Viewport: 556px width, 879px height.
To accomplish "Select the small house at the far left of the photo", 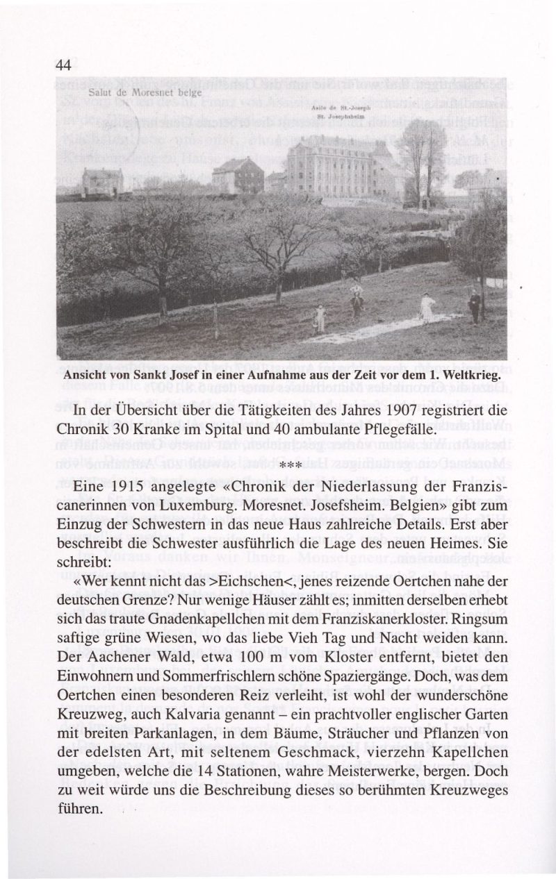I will [102, 182].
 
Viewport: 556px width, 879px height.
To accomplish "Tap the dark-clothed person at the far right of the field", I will [475, 305].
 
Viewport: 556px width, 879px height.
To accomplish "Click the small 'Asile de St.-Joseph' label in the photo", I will [332, 109].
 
